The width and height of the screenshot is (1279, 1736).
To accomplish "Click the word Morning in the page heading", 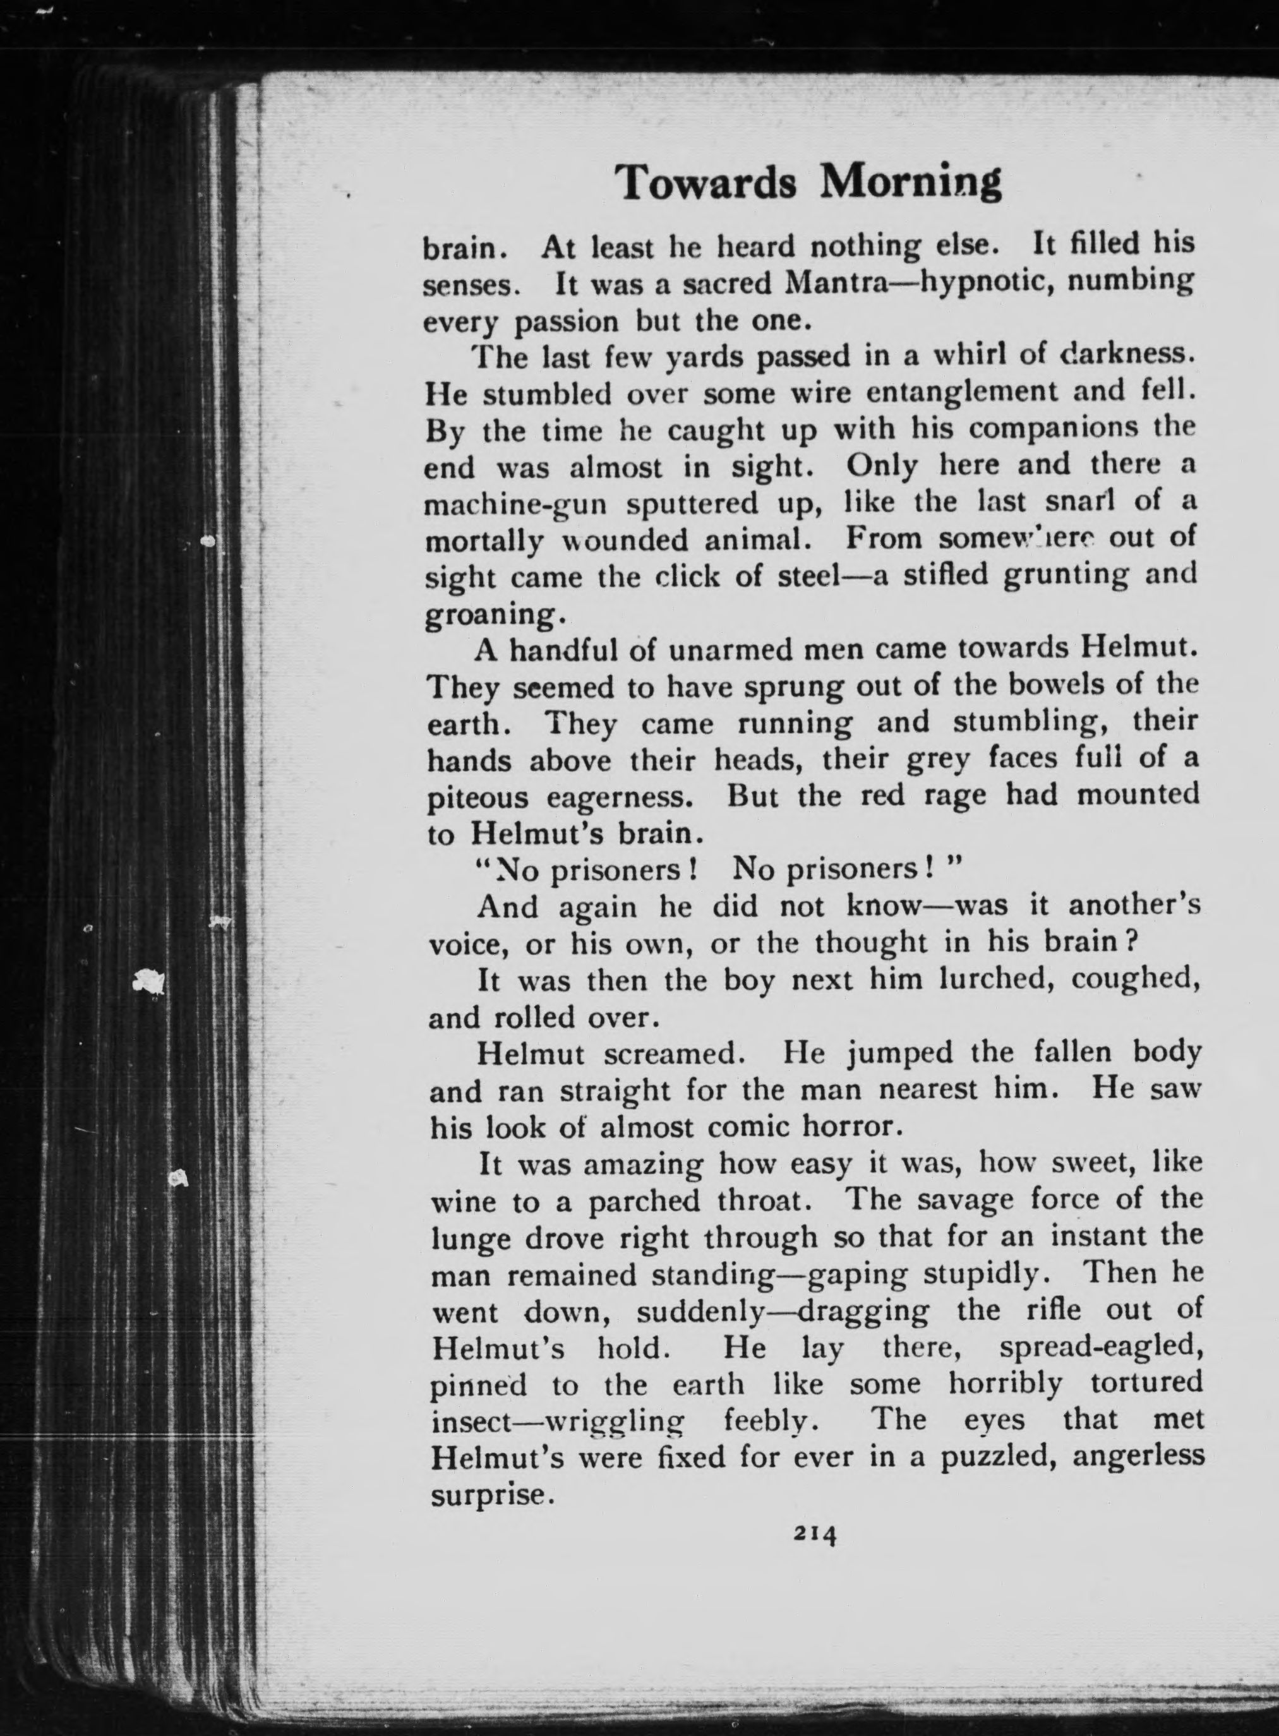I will [911, 183].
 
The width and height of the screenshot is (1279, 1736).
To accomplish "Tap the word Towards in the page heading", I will [706, 183].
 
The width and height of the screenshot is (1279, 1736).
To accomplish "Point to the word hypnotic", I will [977, 284].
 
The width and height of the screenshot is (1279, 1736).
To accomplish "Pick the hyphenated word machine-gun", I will [520, 505].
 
